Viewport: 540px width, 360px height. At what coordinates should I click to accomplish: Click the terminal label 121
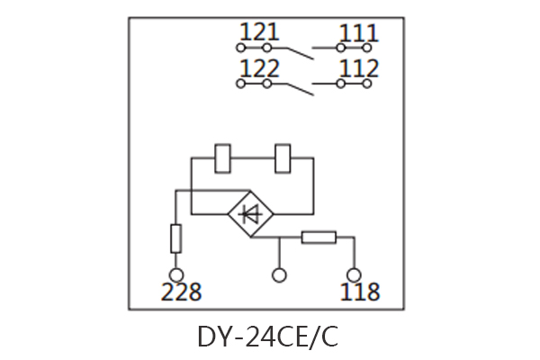[261, 34]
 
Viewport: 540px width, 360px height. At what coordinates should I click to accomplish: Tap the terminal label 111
[358, 34]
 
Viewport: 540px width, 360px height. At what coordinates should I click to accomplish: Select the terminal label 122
[261, 69]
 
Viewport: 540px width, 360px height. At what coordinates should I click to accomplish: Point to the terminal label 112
[358, 69]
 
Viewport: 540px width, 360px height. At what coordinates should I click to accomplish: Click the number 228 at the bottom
[180, 292]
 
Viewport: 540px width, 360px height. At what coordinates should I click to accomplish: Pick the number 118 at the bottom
[359, 292]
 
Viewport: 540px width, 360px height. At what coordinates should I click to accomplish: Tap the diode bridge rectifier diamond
[251, 214]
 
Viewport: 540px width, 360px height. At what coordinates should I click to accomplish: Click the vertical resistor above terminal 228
[176, 238]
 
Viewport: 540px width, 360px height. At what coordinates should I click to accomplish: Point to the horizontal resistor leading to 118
[318, 238]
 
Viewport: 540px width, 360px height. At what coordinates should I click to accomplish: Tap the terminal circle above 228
[176, 274]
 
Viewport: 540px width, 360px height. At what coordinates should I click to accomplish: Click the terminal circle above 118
[355, 274]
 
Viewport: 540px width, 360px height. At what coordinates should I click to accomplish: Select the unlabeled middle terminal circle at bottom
[279, 274]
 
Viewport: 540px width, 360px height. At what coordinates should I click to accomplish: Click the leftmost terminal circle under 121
[240, 48]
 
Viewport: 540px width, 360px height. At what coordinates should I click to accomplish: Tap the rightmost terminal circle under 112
[367, 84]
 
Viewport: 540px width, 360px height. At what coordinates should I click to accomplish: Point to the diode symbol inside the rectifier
[251, 214]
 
